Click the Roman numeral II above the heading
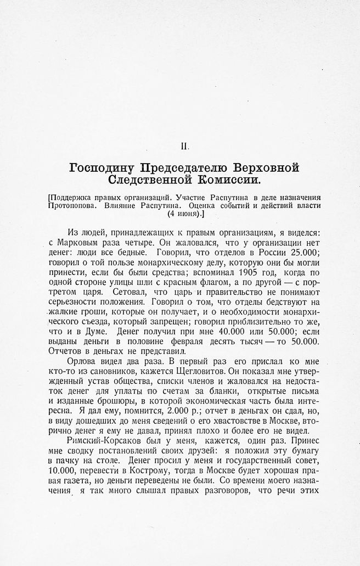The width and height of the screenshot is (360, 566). [185, 147]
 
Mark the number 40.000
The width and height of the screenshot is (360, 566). [215, 331]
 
